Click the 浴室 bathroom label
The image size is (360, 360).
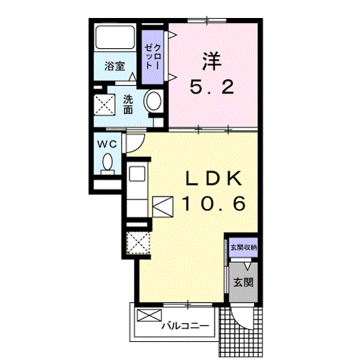[x=114, y=66]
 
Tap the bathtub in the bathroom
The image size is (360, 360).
[x=115, y=37]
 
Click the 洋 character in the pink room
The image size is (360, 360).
[x=212, y=61]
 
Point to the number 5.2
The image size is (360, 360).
[x=212, y=87]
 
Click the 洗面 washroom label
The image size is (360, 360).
[x=128, y=104]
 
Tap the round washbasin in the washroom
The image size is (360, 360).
[x=153, y=101]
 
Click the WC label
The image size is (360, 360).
[x=107, y=144]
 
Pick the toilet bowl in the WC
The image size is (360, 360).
[x=107, y=162]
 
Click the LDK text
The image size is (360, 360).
[x=214, y=179]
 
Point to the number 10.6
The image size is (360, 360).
[x=214, y=204]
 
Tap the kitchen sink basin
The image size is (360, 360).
[x=137, y=174]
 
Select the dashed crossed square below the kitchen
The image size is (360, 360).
[x=138, y=243]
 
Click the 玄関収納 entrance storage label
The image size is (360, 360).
[x=243, y=248]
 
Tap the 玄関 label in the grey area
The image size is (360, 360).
[x=243, y=282]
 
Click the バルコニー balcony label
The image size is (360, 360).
[x=185, y=326]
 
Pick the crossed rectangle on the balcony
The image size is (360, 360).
[x=149, y=315]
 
